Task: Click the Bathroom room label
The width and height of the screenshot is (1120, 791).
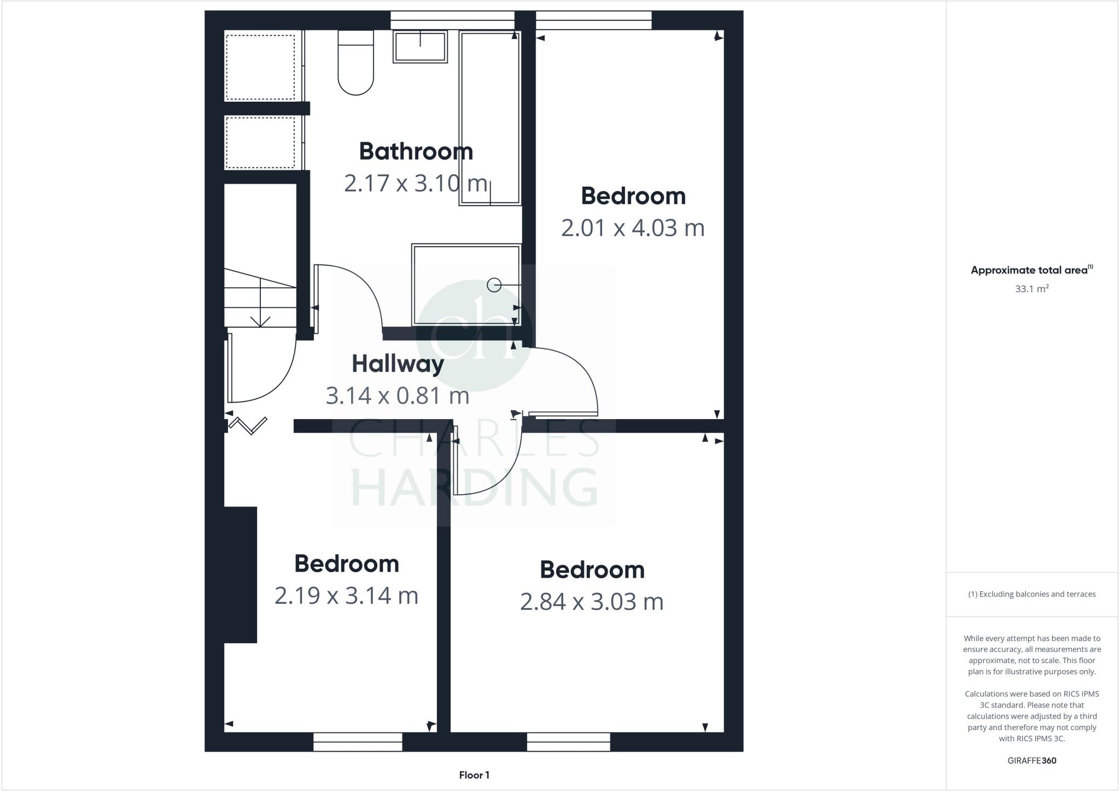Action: click(x=416, y=152)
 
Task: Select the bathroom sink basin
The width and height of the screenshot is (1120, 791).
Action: click(x=420, y=46)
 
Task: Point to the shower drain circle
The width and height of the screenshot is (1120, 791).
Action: click(x=494, y=285)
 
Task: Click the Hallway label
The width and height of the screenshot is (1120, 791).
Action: click(x=398, y=364)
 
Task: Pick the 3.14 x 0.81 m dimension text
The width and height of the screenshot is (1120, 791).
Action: click(x=398, y=396)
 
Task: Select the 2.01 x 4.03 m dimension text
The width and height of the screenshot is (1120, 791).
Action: click(x=633, y=228)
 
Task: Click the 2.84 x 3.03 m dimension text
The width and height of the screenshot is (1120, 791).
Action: click(x=592, y=602)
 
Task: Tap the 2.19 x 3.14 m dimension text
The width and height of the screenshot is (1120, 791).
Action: click(x=346, y=596)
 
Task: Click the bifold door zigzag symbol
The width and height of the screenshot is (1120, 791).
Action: click(x=248, y=425)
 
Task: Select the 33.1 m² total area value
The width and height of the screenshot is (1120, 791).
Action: click(x=1031, y=289)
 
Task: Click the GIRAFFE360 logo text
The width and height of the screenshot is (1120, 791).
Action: click(x=1031, y=760)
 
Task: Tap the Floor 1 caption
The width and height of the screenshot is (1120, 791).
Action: click(x=474, y=775)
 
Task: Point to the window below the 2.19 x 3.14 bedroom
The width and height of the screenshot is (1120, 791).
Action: click(x=358, y=742)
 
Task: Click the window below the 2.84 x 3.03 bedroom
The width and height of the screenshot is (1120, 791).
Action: click(x=568, y=742)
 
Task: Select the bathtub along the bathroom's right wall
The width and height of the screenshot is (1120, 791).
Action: click(x=489, y=118)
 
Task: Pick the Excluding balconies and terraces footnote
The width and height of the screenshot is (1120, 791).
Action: click(x=1031, y=594)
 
